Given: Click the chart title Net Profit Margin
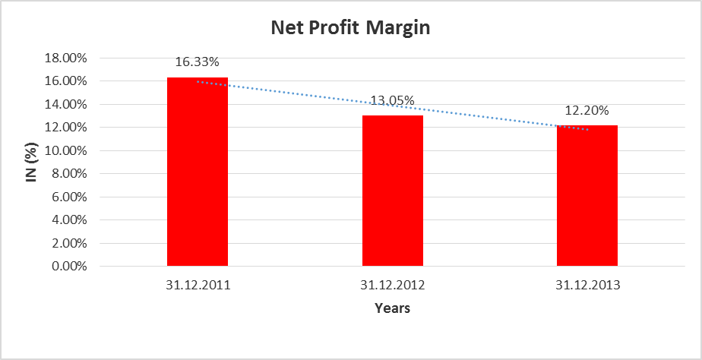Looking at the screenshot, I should point(351,29).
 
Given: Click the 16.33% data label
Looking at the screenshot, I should point(197,63).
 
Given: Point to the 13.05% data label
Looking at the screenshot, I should point(392,101).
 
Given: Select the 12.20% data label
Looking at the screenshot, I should point(587,111).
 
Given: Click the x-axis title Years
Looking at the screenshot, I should point(392,309).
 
